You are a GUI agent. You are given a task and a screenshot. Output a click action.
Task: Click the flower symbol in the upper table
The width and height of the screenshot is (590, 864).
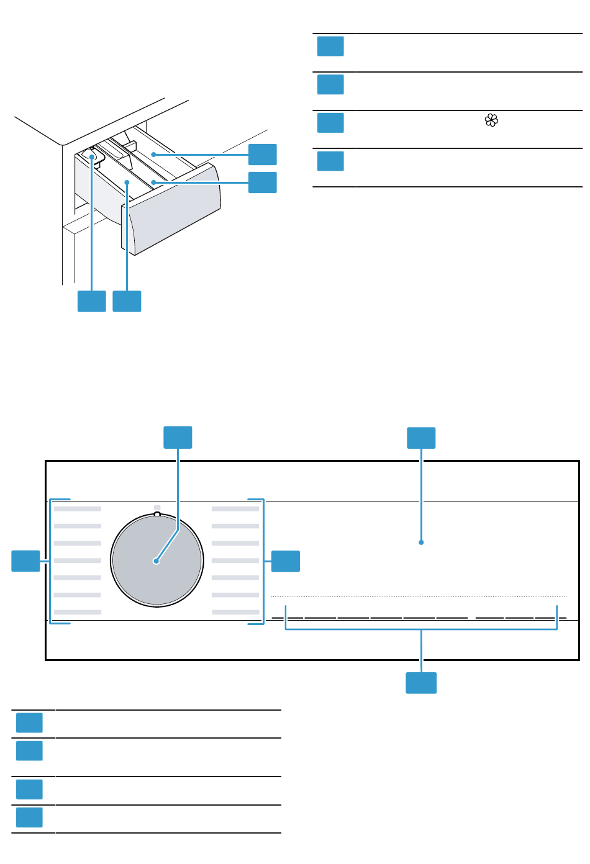point(491,121)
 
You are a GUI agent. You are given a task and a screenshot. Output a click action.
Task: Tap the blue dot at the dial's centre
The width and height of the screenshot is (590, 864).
point(157,562)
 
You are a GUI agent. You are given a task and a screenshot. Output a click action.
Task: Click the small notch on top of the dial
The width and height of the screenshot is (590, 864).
point(157,514)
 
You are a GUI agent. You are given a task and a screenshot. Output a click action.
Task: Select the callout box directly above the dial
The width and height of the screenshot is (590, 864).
point(178,437)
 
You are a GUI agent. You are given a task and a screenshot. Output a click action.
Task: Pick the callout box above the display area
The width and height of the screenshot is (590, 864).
point(421,438)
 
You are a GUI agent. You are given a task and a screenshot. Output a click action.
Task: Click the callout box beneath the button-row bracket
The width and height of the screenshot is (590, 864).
point(421,683)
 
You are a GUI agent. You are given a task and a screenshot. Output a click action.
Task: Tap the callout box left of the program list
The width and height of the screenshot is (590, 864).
point(26,561)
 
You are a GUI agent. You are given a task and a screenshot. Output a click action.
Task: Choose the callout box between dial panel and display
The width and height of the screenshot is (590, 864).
point(286,561)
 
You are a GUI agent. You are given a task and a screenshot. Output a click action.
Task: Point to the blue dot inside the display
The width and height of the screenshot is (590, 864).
point(421,542)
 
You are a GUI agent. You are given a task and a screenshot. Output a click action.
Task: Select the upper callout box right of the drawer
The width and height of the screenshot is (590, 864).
point(263,155)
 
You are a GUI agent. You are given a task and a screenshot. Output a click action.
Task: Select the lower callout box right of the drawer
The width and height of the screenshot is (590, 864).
point(263,182)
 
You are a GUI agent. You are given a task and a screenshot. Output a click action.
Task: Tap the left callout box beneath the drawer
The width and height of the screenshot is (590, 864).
point(91,301)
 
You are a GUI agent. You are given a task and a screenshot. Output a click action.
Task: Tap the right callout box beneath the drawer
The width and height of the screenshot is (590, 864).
point(127,301)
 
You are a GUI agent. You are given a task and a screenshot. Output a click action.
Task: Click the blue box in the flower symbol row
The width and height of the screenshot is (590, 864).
point(330,123)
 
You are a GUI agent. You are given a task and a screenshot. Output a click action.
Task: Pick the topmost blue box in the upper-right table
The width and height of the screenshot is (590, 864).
point(330,47)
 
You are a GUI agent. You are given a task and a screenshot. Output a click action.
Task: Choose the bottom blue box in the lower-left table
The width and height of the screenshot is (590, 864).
point(29,817)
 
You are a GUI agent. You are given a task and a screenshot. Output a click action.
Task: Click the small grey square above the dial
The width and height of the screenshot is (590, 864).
point(157,507)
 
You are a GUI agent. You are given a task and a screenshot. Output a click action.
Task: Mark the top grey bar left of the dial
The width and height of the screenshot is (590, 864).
point(78,509)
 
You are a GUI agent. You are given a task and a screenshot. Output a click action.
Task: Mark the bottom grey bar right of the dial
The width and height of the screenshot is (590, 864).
point(235,612)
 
